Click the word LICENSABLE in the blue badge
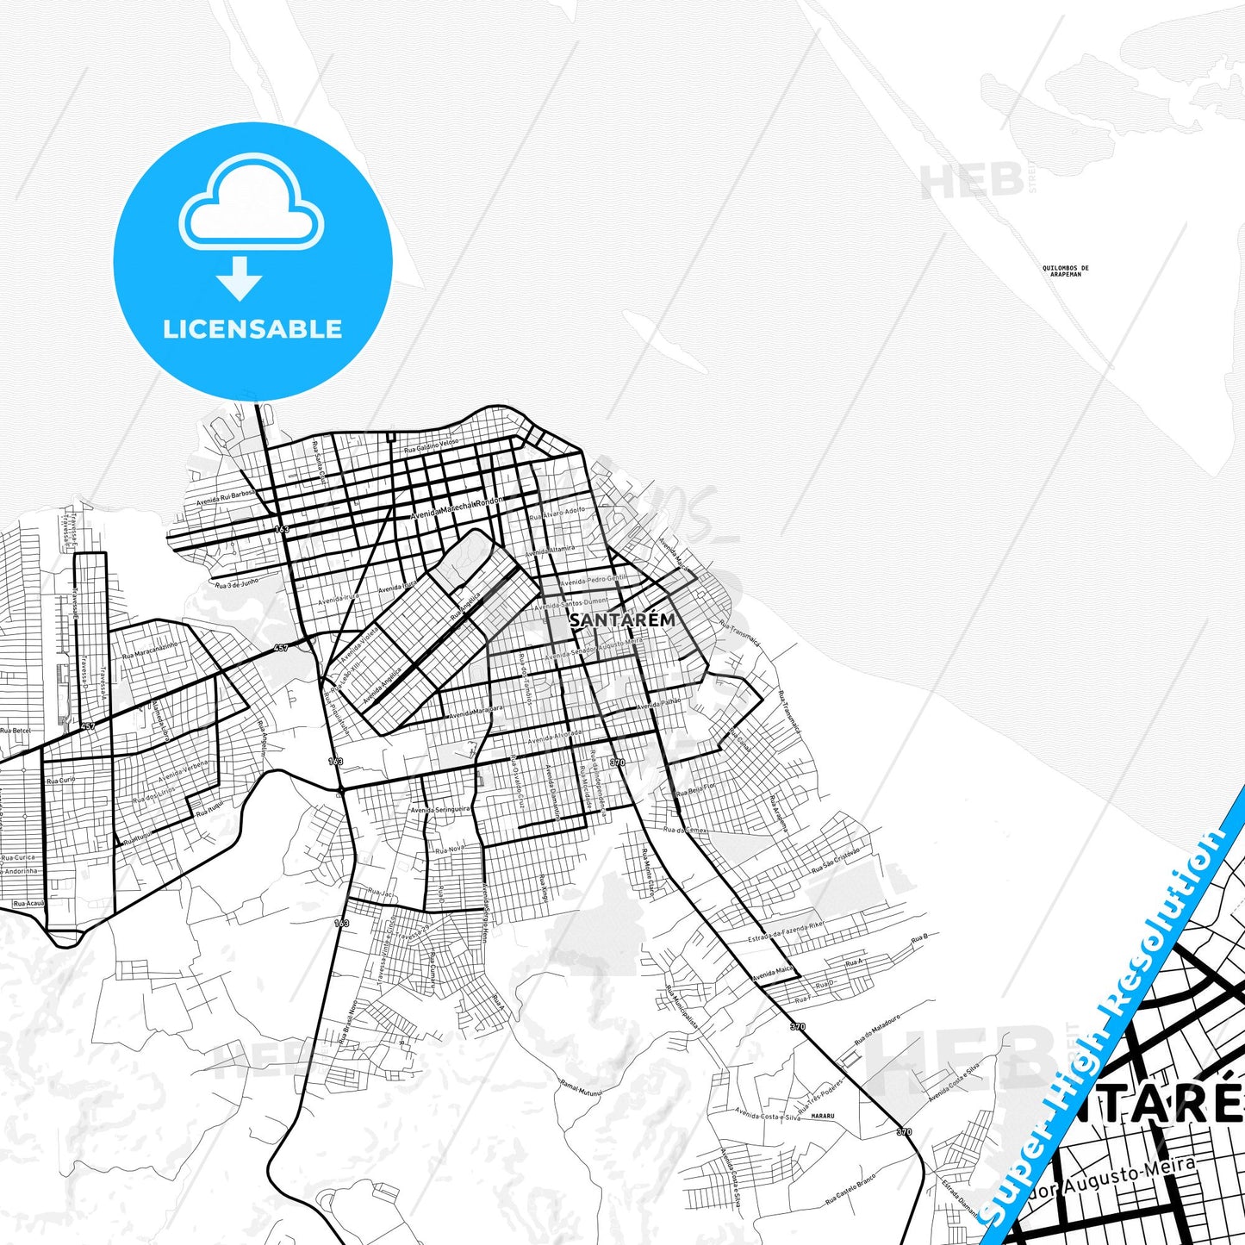pos(252,329)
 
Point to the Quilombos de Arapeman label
pos(1065,271)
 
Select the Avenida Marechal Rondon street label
pos(456,508)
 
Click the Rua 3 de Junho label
pos(237,584)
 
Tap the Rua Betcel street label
pos(16,731)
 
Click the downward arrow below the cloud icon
pos(240,277)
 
